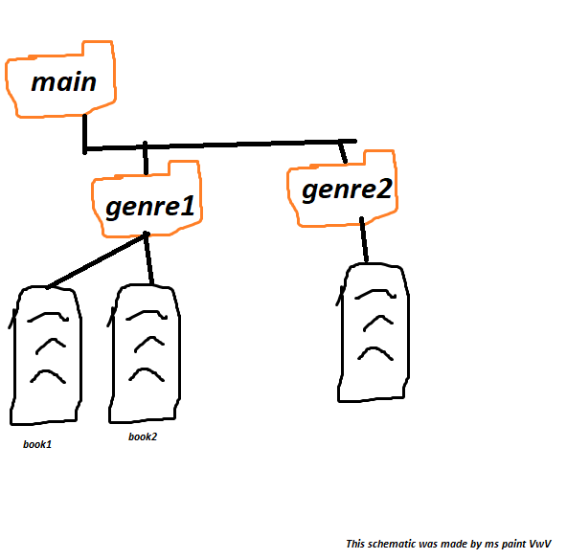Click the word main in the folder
[64, 81]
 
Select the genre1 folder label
[150, 207]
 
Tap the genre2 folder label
[347, 190]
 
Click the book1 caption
[37, 444]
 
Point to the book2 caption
[143, 436]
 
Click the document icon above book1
[45, 355]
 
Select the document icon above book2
[144, 353]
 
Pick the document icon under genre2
[373, 332]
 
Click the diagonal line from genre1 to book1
[97, 260]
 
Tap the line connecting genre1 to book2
[148, 258]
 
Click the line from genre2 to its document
[364, 239]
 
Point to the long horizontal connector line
[220, 145]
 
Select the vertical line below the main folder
[84, 134]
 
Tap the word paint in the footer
[513, 545]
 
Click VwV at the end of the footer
[540, 544]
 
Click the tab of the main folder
[98, 49]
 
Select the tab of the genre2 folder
[379, 158]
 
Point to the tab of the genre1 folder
[184, 168]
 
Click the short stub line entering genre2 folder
[343, 152]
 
